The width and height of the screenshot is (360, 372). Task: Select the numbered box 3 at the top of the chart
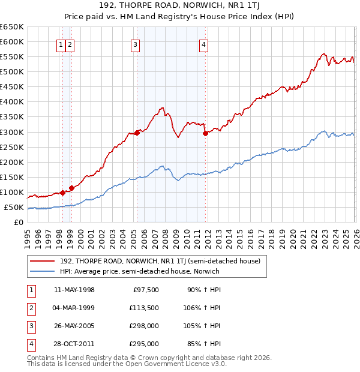coord(136,44)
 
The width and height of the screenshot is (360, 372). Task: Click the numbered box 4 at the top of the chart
coord(204,44)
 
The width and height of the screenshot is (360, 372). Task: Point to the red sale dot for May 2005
coord(137,133)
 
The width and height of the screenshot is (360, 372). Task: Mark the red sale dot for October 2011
coord(205,133)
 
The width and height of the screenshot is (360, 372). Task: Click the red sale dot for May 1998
coord(62,193)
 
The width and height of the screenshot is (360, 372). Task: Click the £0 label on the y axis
coord(18,223)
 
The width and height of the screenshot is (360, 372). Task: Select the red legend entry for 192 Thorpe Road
coord(160,261)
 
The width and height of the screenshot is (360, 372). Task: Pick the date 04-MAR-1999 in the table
coord(74,308)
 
